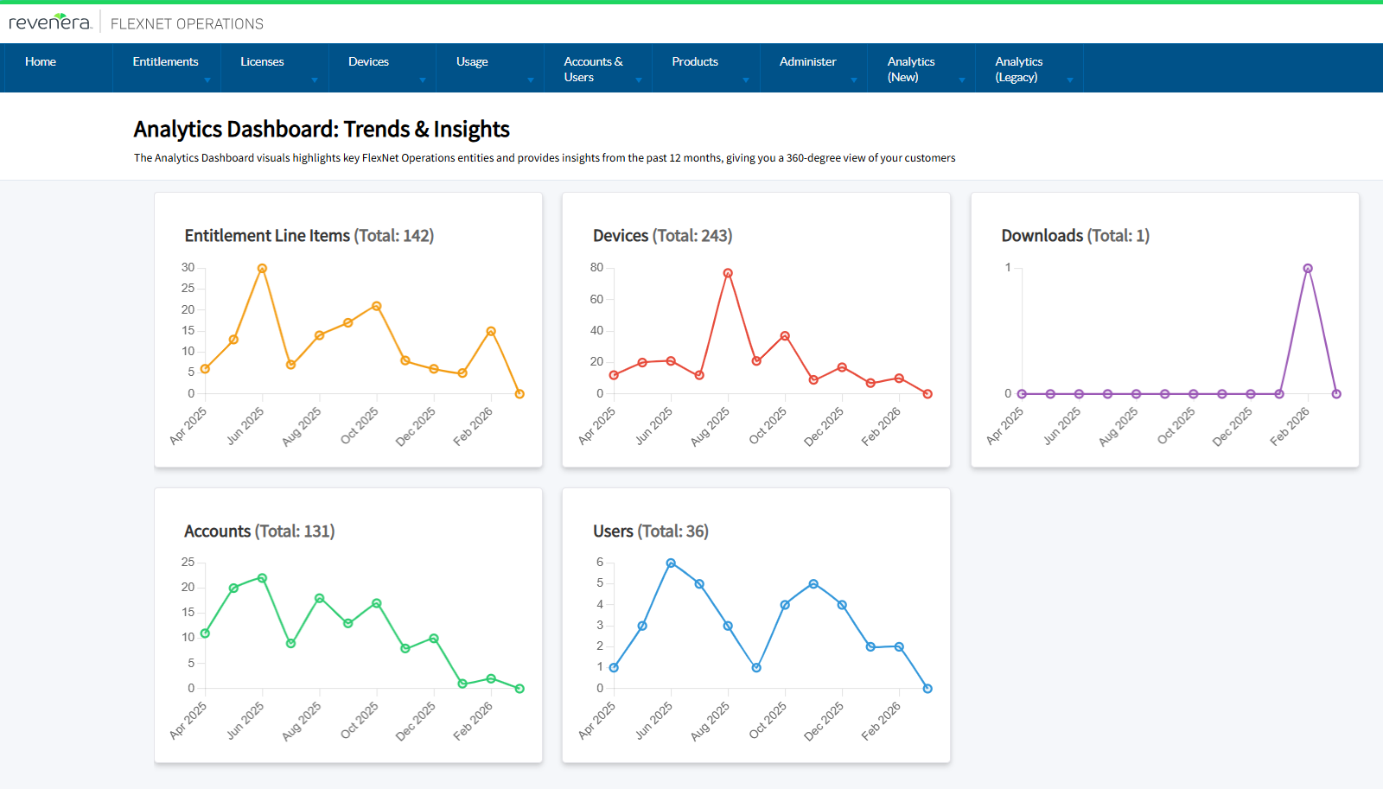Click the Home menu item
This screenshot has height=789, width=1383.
(x=41, y=62)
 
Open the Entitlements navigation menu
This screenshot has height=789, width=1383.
(x=166, y=62)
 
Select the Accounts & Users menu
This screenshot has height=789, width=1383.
(x=594, y=69)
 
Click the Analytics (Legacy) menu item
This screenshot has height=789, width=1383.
(x=1019, y=69)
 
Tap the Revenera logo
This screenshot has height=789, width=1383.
(x=50, y=22)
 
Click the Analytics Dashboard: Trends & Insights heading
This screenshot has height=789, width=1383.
(x=322, y=130)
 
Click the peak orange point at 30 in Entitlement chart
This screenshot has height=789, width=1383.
(x=262, y=269)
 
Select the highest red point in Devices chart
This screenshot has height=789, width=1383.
(x=728, y=273)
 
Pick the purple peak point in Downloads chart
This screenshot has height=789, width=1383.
(x=1308, y=269)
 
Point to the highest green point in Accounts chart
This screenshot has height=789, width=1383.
(x=262, y=578)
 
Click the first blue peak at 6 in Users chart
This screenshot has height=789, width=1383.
(x=671, y=563)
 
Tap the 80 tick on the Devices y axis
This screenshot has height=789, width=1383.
(x=596, y=268)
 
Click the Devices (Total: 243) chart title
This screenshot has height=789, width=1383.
(x=662, y=236)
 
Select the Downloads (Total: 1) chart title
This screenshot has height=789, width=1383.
(x=1075, y=236)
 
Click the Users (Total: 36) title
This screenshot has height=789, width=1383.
(x=650, y=531)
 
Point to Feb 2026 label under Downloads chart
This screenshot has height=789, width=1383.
(x=1290, y=426)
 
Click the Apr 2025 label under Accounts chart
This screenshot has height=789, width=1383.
(x=188, y=720)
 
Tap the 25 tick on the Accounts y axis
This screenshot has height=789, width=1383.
(x=188, y=563)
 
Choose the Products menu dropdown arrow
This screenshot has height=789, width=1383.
(x=746, y=80)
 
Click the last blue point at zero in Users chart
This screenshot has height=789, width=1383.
(x=927, y=689)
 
